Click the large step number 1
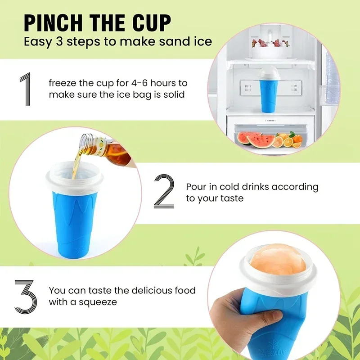pyautogui.click(x=26, y=89)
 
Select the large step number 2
pyautogui.click(x=164, y=191)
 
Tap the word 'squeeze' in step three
pyautogui.click(x=97, y=302)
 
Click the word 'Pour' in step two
pyautogui.click(x=196, y=187)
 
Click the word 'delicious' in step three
pyautogui.click(x=134, y=291)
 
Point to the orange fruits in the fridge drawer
pyautogui.click(x=286, y=140)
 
